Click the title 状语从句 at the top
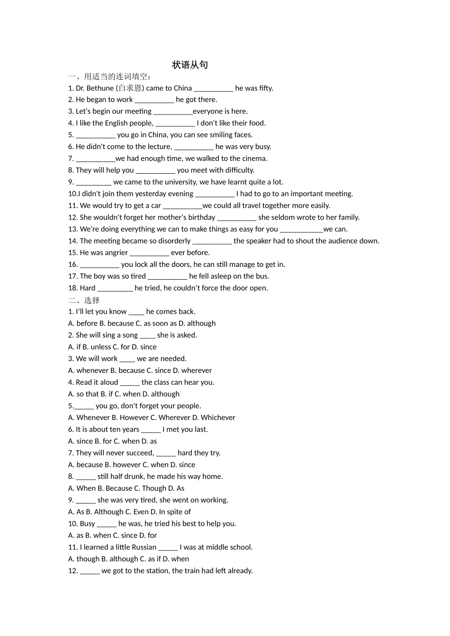point(190,65)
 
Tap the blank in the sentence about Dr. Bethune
point(214,88)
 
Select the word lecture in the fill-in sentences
point(159,147)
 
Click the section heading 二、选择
point(84,300)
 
